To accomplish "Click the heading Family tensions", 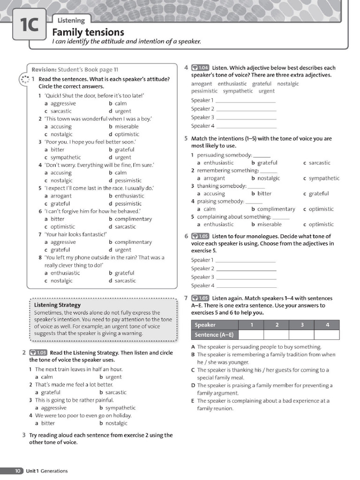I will (88, 32).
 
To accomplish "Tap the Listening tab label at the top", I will (71, 20).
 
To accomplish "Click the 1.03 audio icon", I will (38, 353).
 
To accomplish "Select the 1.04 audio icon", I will (201, 67).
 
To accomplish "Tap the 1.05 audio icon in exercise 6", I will (201, 236).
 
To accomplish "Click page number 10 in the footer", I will (17, 471).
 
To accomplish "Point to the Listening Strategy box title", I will (57, 305).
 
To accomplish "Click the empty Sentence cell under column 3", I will (301, 334).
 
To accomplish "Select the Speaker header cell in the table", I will (205, 325).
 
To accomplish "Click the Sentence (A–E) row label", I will (214, 335).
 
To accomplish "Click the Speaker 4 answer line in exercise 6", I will (246, 286).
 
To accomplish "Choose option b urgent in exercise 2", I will (111, 377).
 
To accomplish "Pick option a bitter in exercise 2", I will (45, 423).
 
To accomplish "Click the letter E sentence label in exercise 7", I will (193, 401).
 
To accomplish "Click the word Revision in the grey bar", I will (44, 69).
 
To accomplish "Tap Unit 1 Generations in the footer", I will (47, 471).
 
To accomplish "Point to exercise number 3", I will (24, 435).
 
